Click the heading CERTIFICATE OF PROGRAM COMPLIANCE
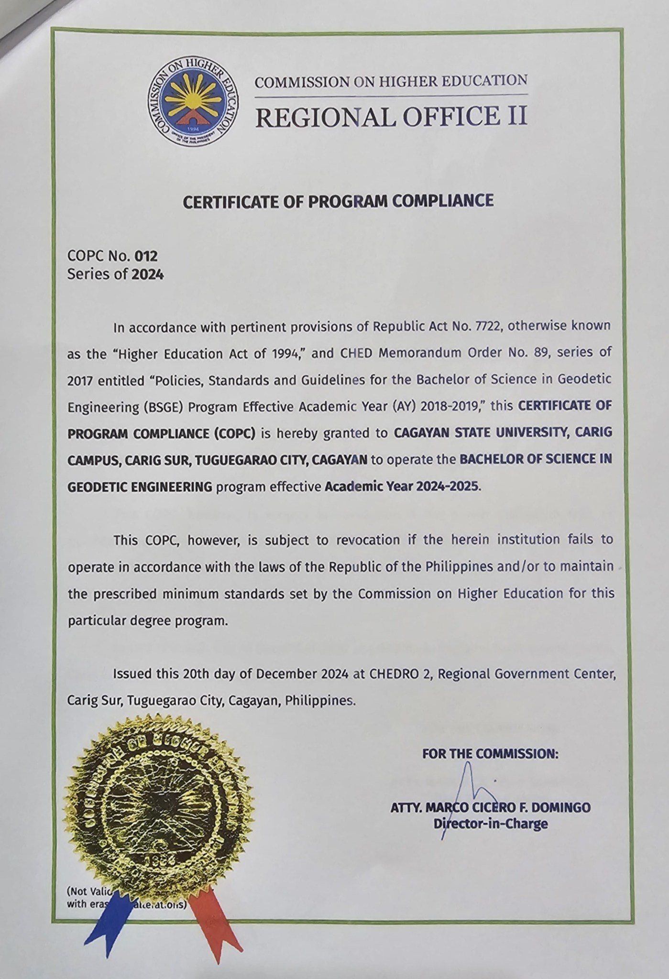click(338, 201)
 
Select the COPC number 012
click(146, 257)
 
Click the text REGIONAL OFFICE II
click(391, 116)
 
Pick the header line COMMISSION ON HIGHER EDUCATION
click(391, 81)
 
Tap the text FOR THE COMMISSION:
click(490, 754)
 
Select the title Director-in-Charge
click(490, 824)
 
